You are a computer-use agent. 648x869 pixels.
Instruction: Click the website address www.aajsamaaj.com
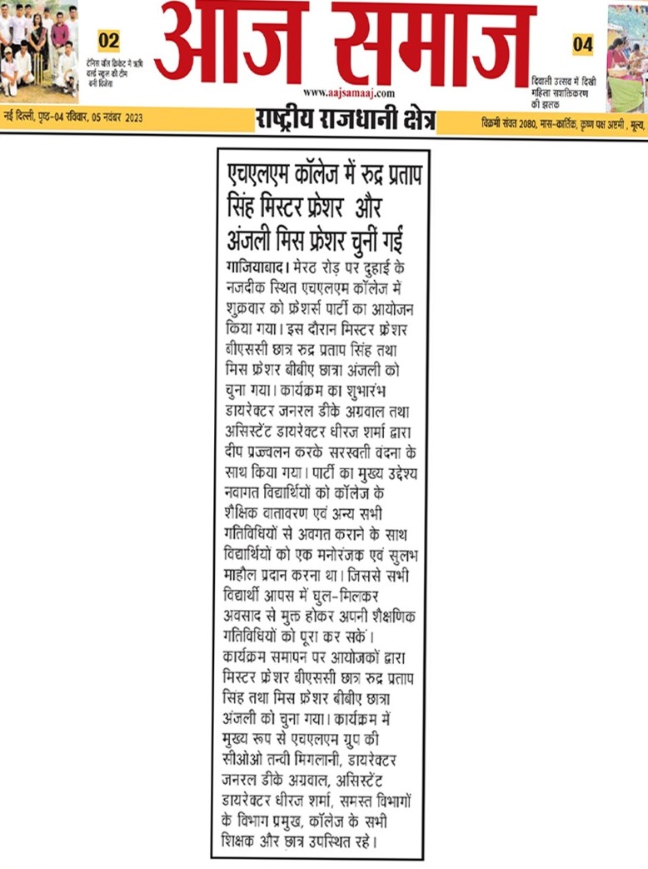point(349,93)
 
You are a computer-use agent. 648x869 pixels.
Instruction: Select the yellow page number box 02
point(108,40)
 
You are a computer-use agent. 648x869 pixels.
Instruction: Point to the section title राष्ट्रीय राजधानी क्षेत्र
point(345,120)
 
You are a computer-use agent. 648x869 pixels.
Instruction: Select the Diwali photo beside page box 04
point(626,57)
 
